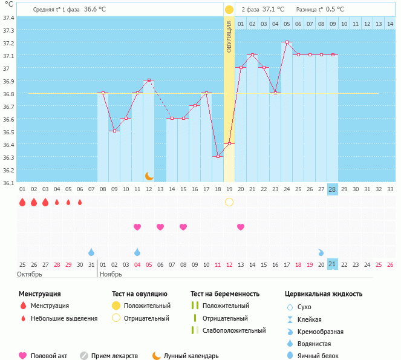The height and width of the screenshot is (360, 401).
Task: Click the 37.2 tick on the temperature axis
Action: [8, 44]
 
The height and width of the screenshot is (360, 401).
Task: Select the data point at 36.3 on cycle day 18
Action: [218, 156]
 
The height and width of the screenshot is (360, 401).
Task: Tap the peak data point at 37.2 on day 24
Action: [286, 42]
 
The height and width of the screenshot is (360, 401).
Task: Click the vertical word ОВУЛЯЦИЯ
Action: [229, 36]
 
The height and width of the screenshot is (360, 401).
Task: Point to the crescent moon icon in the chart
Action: [149, 175]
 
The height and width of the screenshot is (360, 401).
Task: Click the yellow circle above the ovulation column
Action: [229, 10]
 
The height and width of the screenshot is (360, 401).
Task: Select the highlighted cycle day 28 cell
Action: [333, 189]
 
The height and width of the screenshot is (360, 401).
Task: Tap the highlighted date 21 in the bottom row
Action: [333, 264]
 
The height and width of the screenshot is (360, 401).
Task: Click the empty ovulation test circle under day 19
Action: [229, 201]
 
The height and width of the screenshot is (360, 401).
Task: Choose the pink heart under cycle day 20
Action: [241, 227]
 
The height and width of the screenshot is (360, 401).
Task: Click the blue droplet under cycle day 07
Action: [91, 252]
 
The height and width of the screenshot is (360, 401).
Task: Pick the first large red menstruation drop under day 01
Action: [22, 202]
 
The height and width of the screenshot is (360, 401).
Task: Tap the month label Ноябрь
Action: [111, 274]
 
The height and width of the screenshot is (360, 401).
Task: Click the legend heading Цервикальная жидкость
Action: [324, 293]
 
